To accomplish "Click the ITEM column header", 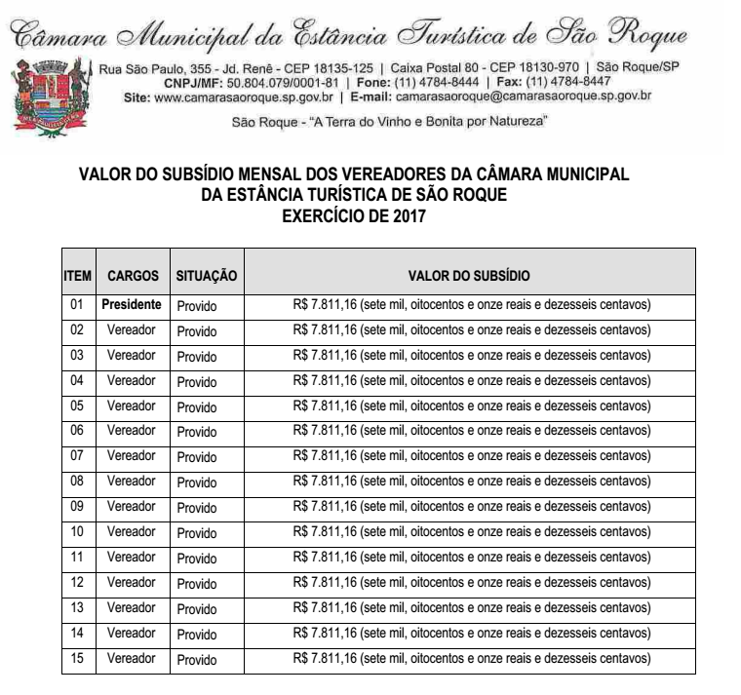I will (x=77, y=277).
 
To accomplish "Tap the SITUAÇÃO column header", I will (x=206, y=277).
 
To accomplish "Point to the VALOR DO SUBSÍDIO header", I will (x=470, y=277).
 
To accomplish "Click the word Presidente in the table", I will (x=132, y=305).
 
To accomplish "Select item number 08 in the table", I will (x=77, y=482).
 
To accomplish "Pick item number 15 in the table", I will (x=77, y=659).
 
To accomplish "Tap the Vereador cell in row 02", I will (x=132, y=330).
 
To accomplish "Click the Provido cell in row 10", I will (x=197, y=533).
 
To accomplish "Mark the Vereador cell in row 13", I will (x=132, y=608).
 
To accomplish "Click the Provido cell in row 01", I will (x=197, y=306).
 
